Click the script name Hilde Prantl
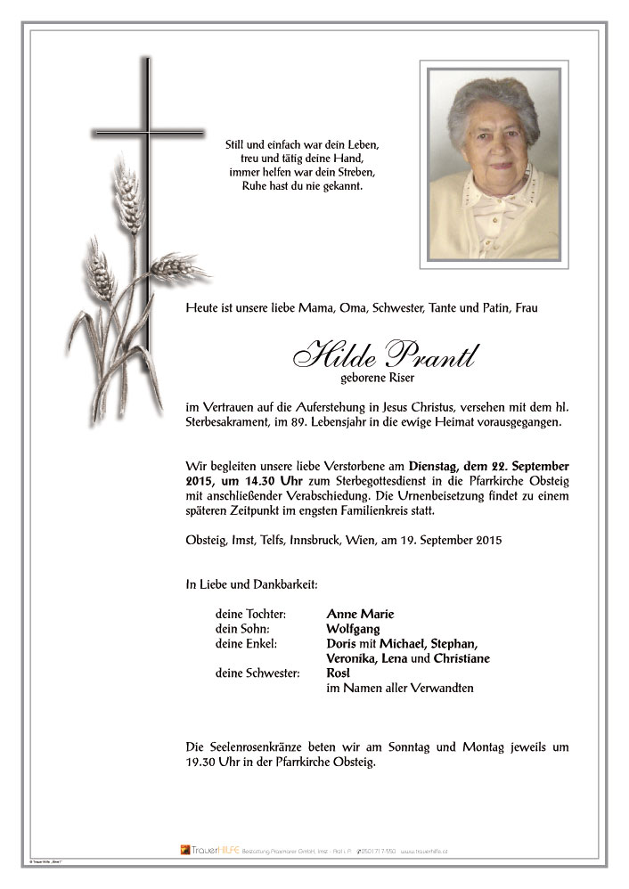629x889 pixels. pyautogui.click(x=384, y=355)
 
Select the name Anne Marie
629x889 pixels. pyautogui.click(x=360, y=614)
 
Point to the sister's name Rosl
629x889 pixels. pyautogui.click(x=339, y=673)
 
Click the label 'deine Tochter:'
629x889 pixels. pyautogui.click(x=250, y=614)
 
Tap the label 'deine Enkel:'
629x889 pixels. pyautogui.click(x=245, y=644)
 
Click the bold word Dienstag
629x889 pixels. pyautogui.click(x=433, y=466)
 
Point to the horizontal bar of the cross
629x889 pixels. pyautogui.click(x=148, y=135)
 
